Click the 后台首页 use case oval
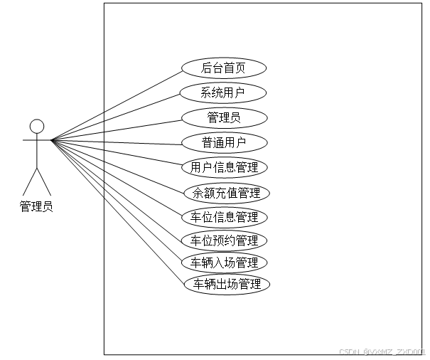(224, 68)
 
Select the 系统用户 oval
(224, 92)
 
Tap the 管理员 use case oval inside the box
(224, 117)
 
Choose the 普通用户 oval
(224, 142)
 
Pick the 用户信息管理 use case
(225, 167)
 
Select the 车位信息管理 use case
(225, 216)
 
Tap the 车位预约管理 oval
(225, 240)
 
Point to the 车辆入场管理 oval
(225, 263)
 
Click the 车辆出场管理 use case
(226, 285)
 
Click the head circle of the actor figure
(37, 127)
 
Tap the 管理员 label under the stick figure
(36, 207)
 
